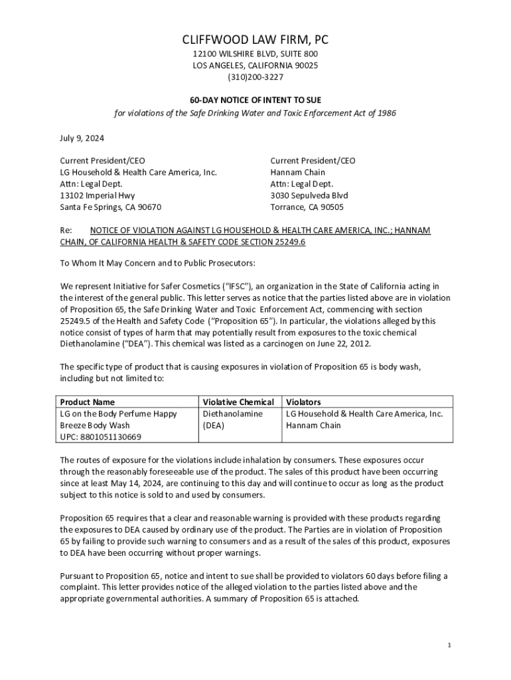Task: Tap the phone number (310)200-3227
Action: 256,77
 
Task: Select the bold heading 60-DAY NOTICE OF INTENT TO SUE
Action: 256,99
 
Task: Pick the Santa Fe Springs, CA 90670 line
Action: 111,207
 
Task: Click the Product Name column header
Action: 87,402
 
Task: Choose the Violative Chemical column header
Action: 238,402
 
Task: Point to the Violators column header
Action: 303,402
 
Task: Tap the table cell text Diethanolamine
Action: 232,413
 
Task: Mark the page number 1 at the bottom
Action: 449,645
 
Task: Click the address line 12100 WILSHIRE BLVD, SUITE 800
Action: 256,54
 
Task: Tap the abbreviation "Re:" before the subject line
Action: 66,230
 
